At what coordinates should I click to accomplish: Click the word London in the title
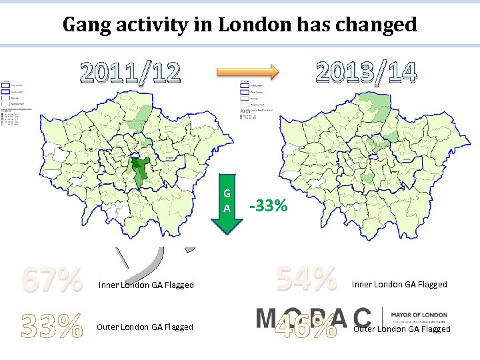255,25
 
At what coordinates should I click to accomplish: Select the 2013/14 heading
366,72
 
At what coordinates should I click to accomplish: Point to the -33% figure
268,207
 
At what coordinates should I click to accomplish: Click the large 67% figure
52,281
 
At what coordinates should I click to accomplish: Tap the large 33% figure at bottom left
52,326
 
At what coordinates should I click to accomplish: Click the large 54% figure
307,279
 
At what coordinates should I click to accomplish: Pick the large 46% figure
307,326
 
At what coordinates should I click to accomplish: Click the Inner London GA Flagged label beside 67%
146,285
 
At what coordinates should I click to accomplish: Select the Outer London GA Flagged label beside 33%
145,327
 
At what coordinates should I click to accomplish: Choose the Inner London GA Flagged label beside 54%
399,285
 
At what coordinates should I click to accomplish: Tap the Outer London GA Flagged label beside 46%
402,329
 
